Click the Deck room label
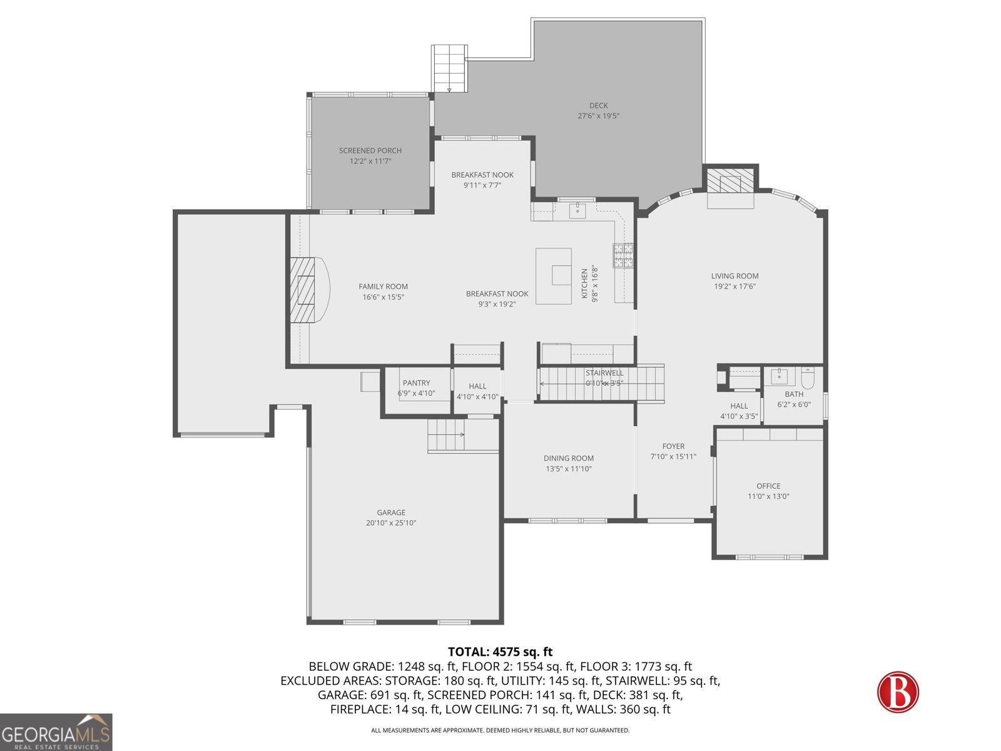pyautogui.click(x=598, y=105)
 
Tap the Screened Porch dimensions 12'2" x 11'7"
pyautogui.click(x=370, y=161)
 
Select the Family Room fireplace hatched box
pyautogui.click(x=302, y=290)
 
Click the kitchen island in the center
pyautogui.click(x=554, y=276)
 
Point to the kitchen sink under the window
pyautogui.click(x=577, y=211)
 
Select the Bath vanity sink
pyautogui.click(x=780, y=376)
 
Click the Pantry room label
pyautogui.click(x=416, y=382)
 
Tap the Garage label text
pyautogui.click(x=391, y=512)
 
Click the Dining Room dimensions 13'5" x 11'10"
pyautogui.click(x=569, y=469)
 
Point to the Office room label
pyautogui.click(x=768, y=486)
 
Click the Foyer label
pyautogui.click(x=673, y=446)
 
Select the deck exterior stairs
pyautogui.click(x=449, y=68)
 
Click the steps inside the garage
pyautogui.click(x=446, y=434)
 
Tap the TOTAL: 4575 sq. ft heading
pyautogui.click(x=500, y=652)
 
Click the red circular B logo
pyautogui.click(x=898, y=692)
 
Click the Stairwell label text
pyautogui.click(x=604, y=372)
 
